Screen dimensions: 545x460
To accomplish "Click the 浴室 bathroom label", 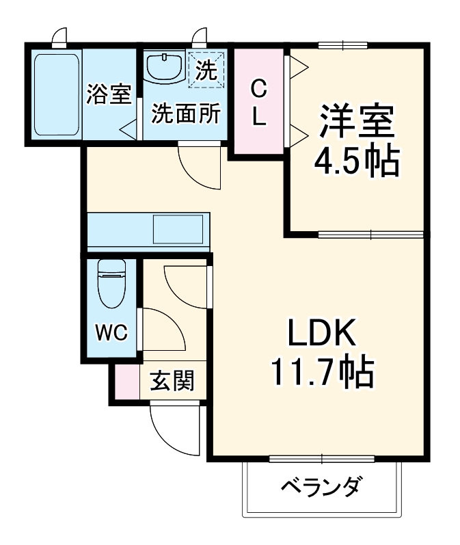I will pos(108,95).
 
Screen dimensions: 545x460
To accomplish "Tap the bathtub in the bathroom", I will pos(57,94).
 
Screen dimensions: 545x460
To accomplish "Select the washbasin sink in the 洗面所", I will pos(164,67).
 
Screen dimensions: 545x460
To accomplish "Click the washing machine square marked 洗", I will pos(206,69).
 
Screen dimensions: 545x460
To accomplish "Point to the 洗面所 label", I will pos(186,113).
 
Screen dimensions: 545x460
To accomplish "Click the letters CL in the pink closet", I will pos(258,102).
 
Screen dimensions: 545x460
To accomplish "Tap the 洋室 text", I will pos(355,122).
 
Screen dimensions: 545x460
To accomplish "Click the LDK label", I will pos(321,334).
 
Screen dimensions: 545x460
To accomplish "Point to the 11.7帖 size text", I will pos(321,373).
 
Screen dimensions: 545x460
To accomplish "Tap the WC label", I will pos(111,333).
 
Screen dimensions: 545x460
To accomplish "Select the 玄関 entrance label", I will pos(172,380).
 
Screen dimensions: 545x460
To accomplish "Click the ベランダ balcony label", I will pos(321,488).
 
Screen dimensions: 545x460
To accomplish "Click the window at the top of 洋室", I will pos(343,46).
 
